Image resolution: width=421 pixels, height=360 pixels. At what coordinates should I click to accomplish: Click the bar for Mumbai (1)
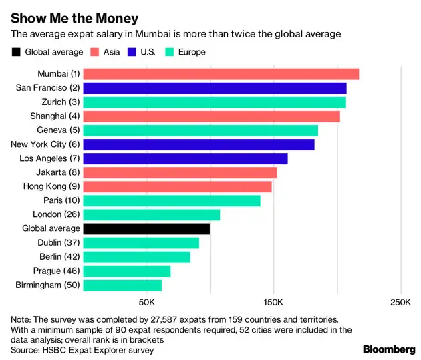221,74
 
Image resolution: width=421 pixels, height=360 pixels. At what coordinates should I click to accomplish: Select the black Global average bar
146,229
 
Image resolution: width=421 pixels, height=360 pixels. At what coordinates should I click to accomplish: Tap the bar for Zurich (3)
215,102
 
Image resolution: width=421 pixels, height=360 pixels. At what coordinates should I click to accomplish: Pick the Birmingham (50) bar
122,285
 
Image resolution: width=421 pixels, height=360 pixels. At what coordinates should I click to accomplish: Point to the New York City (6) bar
198,144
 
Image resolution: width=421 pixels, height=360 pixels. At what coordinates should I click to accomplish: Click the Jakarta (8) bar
180,173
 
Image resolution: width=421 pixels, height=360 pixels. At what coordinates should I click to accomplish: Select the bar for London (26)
152,214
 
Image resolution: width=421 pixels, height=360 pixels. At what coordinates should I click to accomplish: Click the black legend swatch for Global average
16,52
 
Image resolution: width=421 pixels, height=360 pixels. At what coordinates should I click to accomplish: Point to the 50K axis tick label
147,302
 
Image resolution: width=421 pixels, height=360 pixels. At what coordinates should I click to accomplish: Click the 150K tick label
273,302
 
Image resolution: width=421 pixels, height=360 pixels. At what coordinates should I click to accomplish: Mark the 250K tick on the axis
400,302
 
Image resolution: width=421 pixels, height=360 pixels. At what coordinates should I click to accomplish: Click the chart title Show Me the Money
74,16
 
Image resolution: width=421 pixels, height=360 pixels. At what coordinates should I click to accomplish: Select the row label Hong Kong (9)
51,187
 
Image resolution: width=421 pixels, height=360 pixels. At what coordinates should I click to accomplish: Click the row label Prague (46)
56,271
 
